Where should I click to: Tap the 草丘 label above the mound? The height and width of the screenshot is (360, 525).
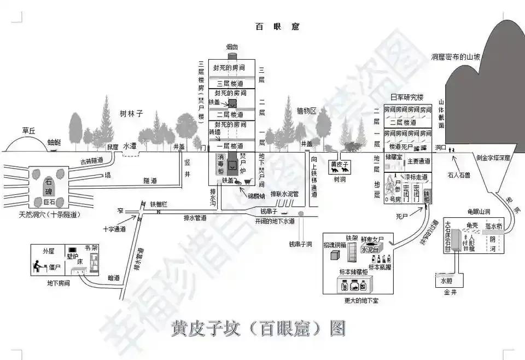29,131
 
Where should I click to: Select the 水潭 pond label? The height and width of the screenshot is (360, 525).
130,146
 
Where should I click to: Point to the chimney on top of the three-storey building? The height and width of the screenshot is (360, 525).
232,55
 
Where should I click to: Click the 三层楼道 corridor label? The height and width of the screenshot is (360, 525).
232,83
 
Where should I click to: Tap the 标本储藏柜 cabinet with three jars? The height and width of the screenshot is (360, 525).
354,286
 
